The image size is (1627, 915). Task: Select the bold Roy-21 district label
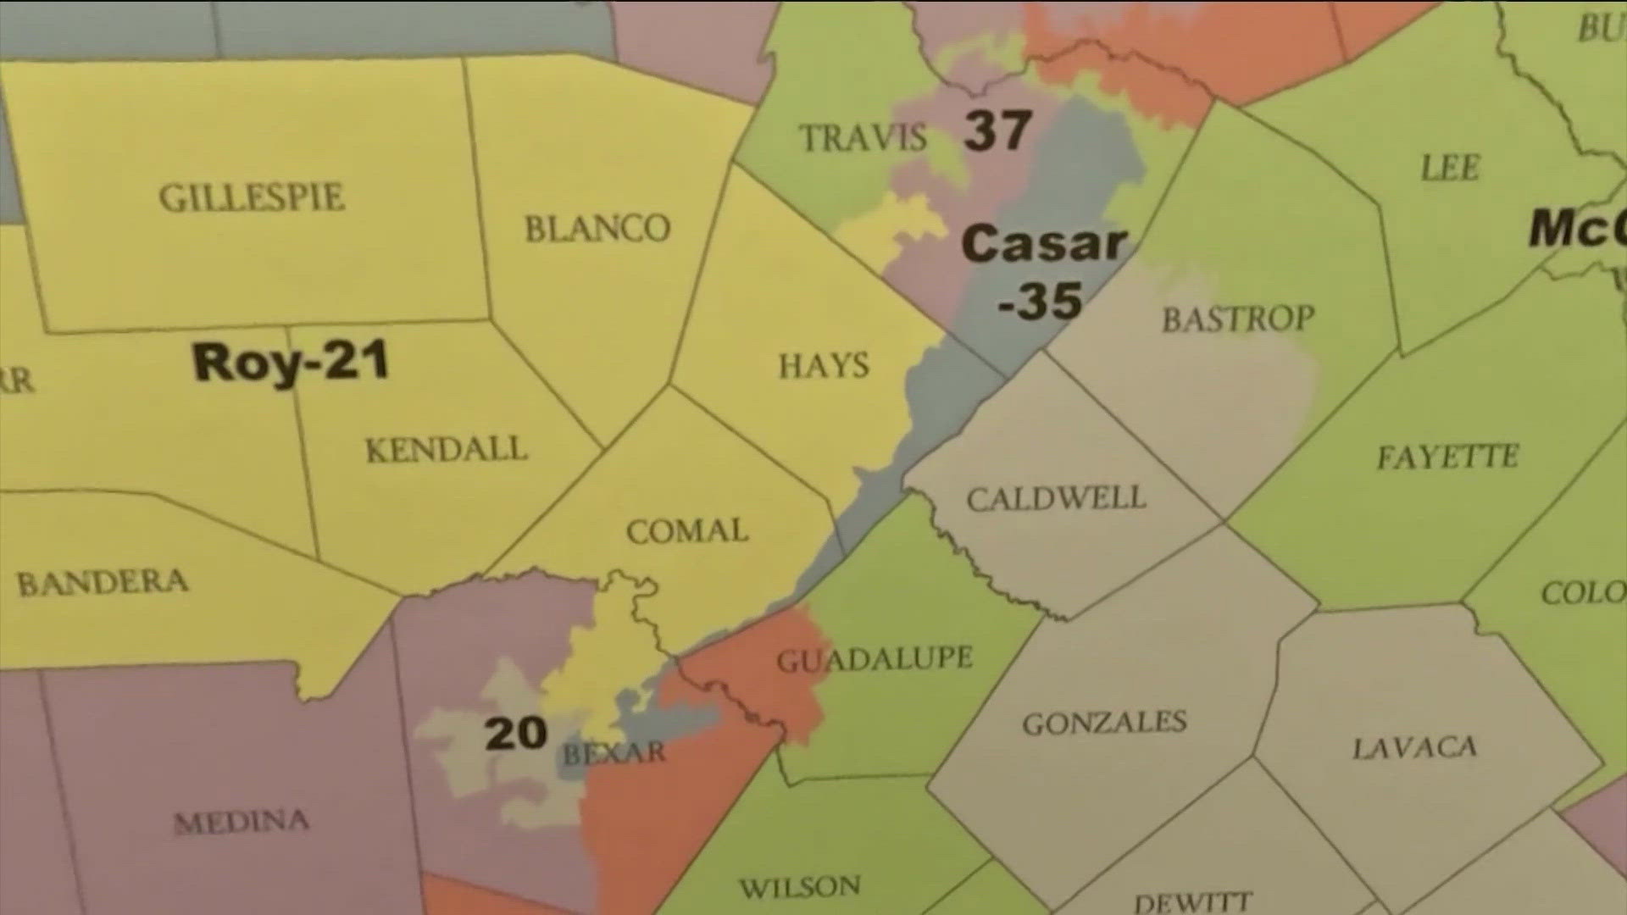click(291, 362)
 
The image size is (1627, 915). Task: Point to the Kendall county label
click(446, 450)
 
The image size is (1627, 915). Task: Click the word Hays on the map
click(824, 366)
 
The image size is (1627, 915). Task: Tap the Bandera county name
click(103, 583)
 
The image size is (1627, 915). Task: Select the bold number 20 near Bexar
click(515, 733)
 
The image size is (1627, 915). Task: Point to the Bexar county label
click(614, 752)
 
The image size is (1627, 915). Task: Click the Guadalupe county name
click(875, 659)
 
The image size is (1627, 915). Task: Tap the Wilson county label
click(800, 887)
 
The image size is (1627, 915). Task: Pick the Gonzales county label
click(1104, 723)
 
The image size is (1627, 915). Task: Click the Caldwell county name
click(1056, 498)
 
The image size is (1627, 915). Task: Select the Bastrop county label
click(1238, 319)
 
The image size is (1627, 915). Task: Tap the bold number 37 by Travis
click(997, 130)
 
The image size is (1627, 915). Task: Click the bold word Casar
click(1044, 244)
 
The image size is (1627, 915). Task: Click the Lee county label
click(1449, 168)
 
